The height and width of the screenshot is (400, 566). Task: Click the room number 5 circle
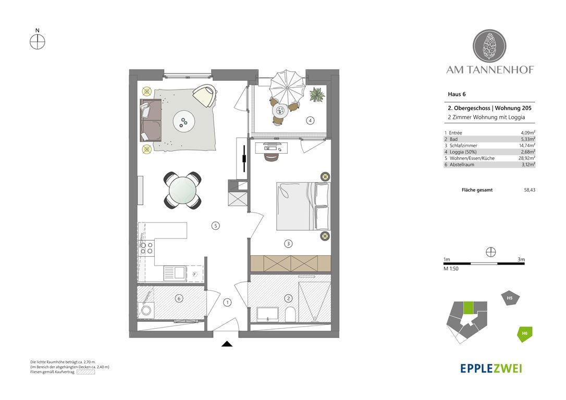click(x=215, y=226)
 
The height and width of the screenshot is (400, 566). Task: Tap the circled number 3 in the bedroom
click(x=288, y=244)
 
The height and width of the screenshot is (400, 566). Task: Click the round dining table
click(x=182, y=190)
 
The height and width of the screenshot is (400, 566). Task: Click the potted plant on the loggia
click(x=317, y=95)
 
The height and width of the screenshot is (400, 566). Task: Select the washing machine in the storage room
click(x=146, y=310)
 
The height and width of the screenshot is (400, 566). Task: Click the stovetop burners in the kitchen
click(x=146, y=248)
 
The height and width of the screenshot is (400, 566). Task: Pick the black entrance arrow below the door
click(x=227, y=344)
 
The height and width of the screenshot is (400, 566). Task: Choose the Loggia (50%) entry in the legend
click(x=461, y=152)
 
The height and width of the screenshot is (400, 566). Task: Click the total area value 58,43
click(x=530, y=190)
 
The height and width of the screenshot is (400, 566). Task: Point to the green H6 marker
click(x=524, y=334)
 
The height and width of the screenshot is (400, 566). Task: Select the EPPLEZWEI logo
click(x=491, y=368)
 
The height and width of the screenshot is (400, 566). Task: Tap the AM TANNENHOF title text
click(x=490, y=70)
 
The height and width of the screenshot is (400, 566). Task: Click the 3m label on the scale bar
click(x=521, y=259)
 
